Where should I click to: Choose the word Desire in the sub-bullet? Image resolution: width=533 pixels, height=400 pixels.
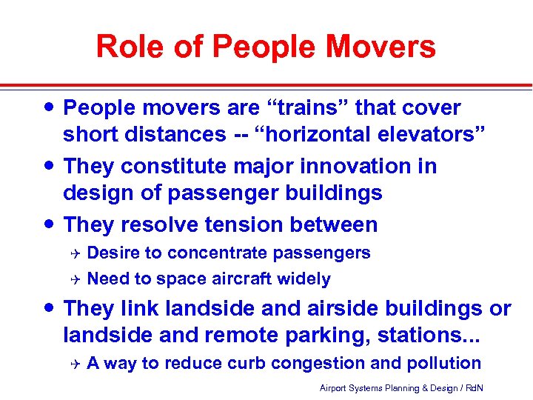click(x=113, y=253)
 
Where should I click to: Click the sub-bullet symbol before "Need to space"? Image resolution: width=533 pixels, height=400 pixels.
click(x=73, y=279)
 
